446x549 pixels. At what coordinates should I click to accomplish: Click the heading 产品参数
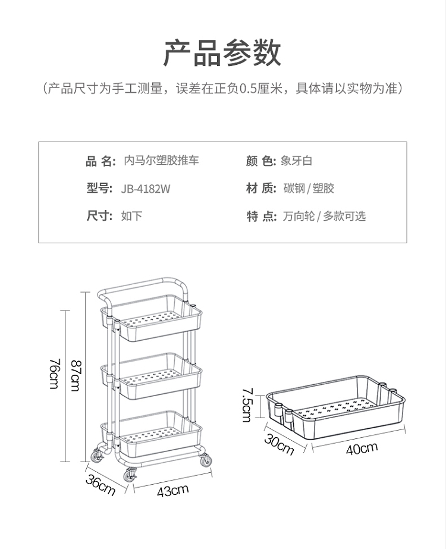[x=222, y=54]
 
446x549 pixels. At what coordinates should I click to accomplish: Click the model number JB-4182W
[x=146, y=189]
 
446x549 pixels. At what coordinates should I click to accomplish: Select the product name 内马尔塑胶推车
[x=161, y=161]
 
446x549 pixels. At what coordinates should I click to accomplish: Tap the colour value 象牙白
[x=297, y=161]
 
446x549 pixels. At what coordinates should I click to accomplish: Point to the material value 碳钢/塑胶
[x=309, y=189]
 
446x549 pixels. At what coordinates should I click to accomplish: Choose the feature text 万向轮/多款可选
[x=324, y=217]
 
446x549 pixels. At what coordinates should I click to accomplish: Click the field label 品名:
[x=100, y=161]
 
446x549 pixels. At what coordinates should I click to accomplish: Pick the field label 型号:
[x=99, y=189]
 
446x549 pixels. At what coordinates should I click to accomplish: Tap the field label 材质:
[x=261, y=189]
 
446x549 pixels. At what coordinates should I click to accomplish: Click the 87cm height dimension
[x=76, y=375]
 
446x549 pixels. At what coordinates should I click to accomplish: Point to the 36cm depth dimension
[x=100, y=485]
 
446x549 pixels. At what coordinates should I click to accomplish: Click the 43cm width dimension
[x=172, y=491]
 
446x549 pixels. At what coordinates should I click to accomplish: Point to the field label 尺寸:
[x=99, y=217]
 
